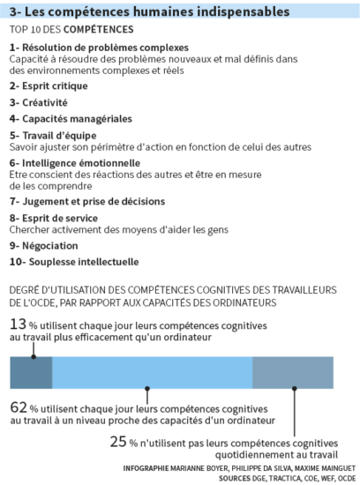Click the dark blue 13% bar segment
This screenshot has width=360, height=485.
31,372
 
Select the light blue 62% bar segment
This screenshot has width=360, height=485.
153,372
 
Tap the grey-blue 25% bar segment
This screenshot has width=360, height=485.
293,372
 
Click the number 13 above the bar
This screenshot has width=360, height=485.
18,325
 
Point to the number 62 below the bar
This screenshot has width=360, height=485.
19,407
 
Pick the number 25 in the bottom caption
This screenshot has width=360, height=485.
118,442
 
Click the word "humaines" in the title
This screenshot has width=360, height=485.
163,11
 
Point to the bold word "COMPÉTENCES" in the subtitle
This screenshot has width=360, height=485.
99,29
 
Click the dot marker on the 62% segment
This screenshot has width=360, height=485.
147,389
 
